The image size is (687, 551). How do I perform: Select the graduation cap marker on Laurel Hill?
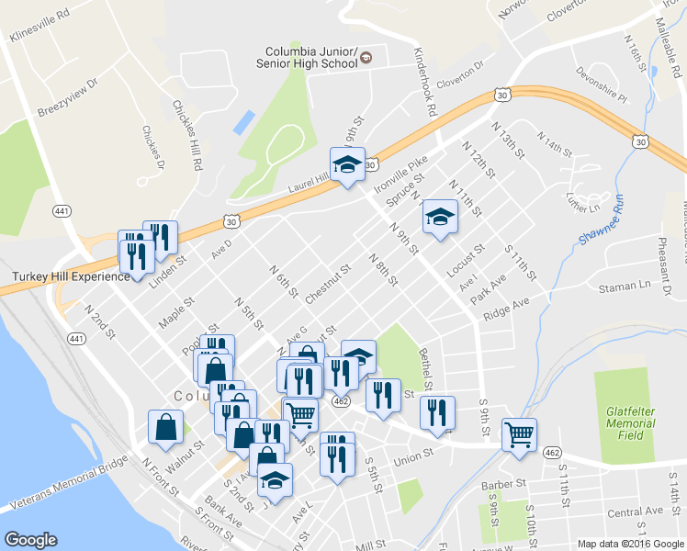tap(347, 165)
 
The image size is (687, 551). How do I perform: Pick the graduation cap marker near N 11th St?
tap(440, 219)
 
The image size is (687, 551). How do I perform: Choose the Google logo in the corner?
tap(31, 540)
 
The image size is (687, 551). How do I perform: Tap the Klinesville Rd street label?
tap(39, 27)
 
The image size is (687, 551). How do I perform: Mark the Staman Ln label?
tap(624, 287)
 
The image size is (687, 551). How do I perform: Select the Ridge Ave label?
tap(507, 309)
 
